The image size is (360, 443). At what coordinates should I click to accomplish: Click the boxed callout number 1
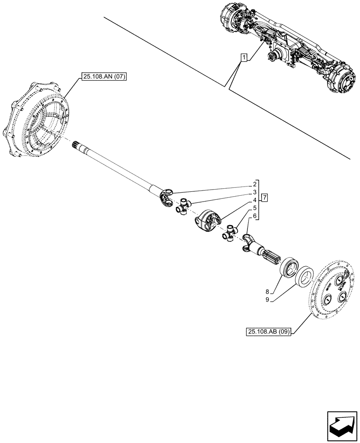pos(243,58)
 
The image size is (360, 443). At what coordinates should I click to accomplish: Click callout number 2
pos(255,184)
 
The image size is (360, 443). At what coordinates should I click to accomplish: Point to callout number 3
pos(255,192)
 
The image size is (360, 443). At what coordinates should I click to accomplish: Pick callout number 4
pos(255,200)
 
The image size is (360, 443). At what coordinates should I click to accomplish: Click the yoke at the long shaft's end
pos(165,197)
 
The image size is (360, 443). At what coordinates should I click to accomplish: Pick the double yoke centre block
pos(207,220)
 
